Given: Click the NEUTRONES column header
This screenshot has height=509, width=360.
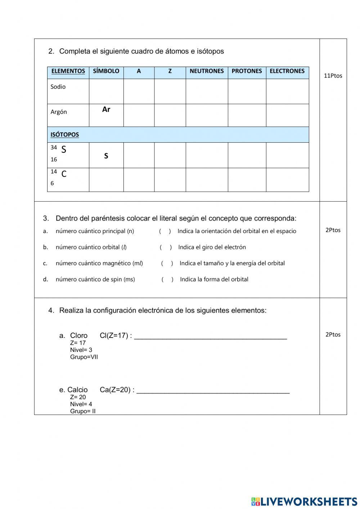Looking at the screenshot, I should pos(207,71).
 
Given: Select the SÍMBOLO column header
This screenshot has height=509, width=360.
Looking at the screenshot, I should pos(106,71).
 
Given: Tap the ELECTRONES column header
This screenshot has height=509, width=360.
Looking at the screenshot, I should pos(287,71).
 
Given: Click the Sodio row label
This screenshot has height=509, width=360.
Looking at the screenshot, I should pos(58,87).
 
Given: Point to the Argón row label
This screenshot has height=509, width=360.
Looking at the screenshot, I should pos(59,112).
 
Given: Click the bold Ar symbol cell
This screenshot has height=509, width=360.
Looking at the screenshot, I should pos(106,110).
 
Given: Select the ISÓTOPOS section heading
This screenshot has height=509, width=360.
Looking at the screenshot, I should pos(64,135).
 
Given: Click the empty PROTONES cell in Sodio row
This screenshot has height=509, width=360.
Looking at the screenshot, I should pos(247,91).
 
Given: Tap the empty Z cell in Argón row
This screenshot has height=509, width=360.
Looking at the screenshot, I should pos(170,115).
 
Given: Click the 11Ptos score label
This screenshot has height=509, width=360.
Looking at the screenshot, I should pos(333,76).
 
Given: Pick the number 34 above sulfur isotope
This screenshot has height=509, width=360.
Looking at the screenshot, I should pos(54,147).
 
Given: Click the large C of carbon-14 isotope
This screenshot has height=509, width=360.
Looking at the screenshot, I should pos(64,174).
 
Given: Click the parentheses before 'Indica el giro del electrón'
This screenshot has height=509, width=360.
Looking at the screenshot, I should pos(166,247).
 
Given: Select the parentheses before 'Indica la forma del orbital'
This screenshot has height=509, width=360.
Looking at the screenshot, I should pos(167,279).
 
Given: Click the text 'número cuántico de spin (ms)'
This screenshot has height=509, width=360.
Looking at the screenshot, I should pos(95,279).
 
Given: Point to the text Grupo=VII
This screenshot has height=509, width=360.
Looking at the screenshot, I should pos(84,357).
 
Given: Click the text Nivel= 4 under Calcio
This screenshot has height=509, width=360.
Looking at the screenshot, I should pos(81,404).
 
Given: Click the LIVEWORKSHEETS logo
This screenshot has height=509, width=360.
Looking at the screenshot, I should pos(304,501).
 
